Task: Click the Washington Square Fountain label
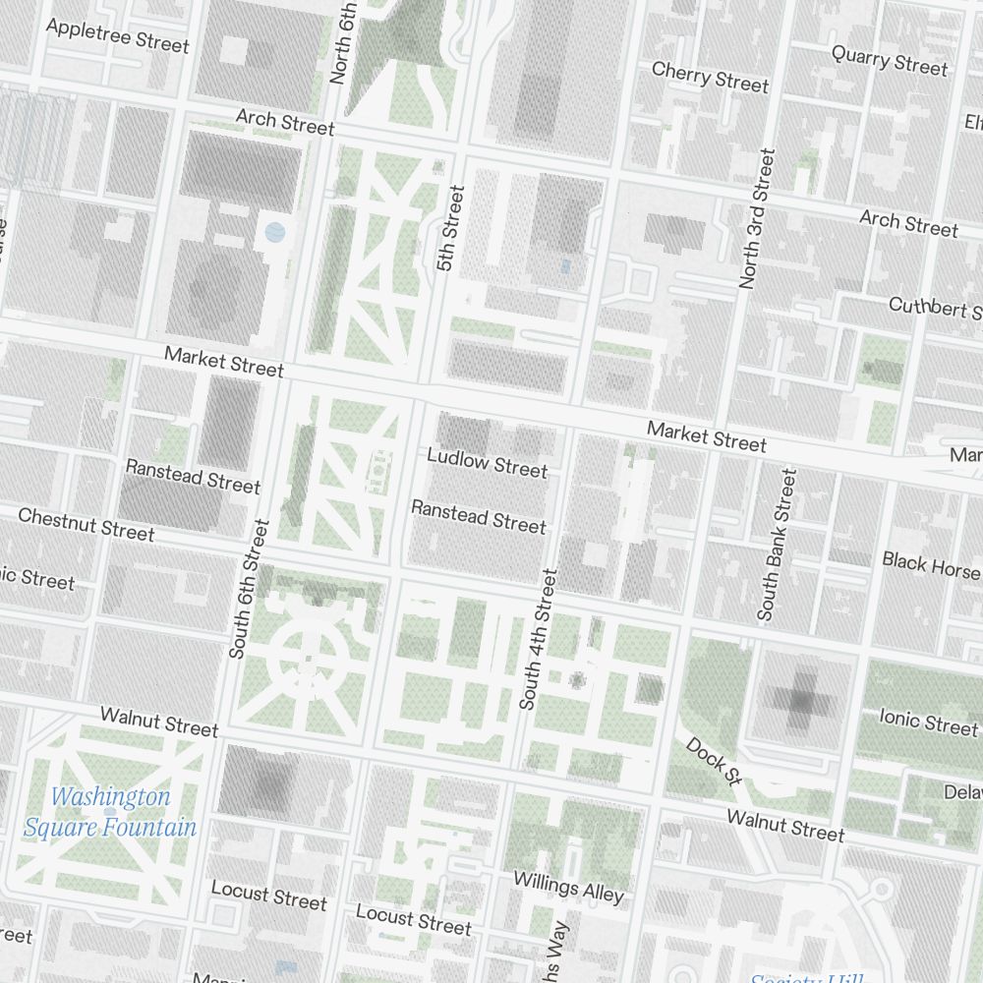pyautogui.click(x=110, y=812)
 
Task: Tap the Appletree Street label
pyautogui.click(x=117, y=34)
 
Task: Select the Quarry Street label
pyautogui.click(x=890, y=60)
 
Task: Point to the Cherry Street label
pyautogui.click(x=710, y=77)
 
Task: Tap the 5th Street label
pyautogui.click(x=448, y=228)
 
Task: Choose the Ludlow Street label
pyautogui.click(x=487, y=462)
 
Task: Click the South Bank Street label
pyautogui.click(x=777, y=544)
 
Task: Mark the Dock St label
pyautogui.click(x=713, y=761)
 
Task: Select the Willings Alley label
pyautogui.click(x=568, y=887)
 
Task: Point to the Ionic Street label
pyautogui.click(x=928, y=723)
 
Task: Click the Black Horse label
pyautogui.click(x=930, y=564)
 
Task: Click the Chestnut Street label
pyautogui.click(x=87, y=524)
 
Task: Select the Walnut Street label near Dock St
pyautogui.click(x=784, y=825)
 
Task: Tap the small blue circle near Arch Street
pyautogui.click(x=275, y=233)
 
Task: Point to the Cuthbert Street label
pyautogui.click(x=934, y=308)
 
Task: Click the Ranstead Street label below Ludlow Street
pyautogui.click(x=478, y=516)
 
